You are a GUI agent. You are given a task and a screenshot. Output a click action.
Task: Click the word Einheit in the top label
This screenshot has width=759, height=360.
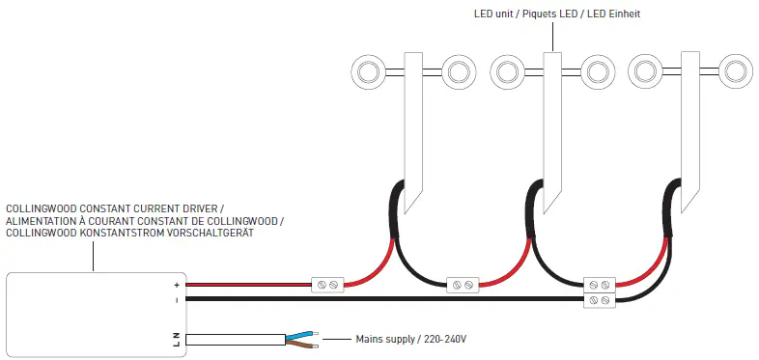pos(621,14)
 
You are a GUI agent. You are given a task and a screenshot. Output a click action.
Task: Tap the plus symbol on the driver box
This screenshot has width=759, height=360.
pos(177,286)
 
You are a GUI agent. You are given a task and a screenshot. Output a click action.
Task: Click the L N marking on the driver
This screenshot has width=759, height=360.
pos(177,339)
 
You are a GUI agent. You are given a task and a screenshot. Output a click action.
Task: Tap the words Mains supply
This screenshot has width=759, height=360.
pos(383,340)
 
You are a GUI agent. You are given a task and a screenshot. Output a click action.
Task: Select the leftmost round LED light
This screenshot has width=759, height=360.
pos(367,70)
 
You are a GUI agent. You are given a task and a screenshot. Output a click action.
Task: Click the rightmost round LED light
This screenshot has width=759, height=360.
pos(735,70)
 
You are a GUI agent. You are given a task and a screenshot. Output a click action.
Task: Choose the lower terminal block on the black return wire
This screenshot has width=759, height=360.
pos(600,301)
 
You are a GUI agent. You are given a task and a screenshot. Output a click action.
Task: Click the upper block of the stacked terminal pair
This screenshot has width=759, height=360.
pos(600,286)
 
